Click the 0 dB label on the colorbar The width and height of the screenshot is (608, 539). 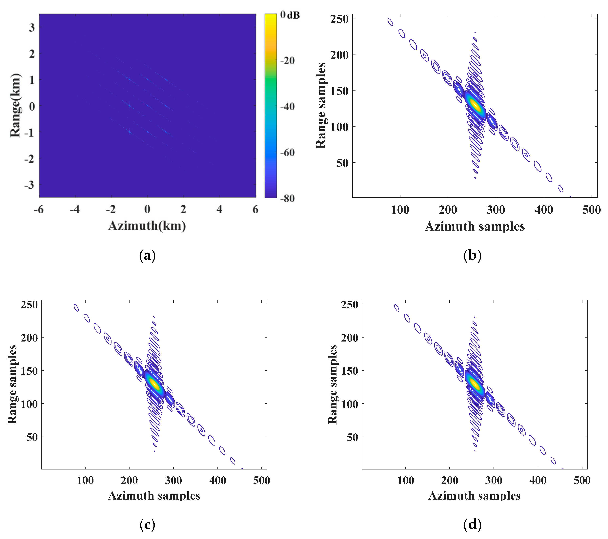(x=290, y=15)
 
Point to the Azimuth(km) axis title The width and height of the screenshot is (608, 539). (x=147, y=226)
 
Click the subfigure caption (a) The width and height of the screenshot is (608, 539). (x=147, y=256)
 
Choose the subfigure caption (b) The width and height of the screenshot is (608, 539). (x=472, y=256)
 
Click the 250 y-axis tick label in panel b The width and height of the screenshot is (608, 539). (x=339, y=19)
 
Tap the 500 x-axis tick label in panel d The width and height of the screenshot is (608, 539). (x=582, y=480)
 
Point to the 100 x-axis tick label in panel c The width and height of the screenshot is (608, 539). (x=85, y=480)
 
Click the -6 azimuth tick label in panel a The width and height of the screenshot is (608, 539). (x=39, y=210)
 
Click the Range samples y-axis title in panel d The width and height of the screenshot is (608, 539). (x=332, y=385)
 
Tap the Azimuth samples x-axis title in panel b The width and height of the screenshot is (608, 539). (x=475, y=227)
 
